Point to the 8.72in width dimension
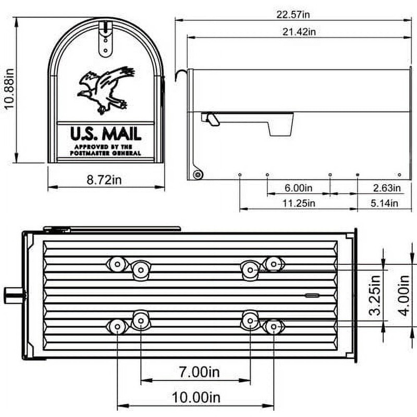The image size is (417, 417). point(104,180)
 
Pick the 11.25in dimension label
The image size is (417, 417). point(298,203)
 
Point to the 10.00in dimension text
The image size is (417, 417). point(195,398)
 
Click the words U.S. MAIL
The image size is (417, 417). point(105,133)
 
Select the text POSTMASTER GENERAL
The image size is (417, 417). point(105,154)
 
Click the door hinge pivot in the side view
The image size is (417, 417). point(197,175)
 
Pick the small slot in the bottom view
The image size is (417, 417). point(312,295)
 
